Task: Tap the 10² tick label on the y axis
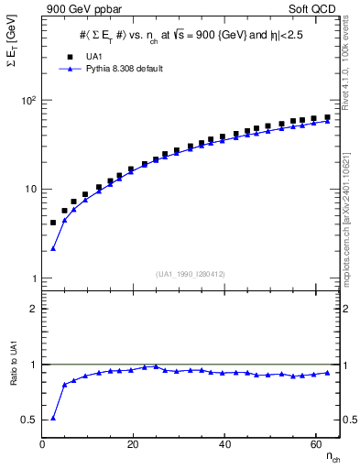click(28, 100)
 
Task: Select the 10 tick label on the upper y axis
click(30, 190)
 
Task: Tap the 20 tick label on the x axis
click(134, 443)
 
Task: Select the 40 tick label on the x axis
click(224, 443)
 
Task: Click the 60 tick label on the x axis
click(315, 443)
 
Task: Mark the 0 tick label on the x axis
click(43, 443)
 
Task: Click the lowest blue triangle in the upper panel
click(53, 248)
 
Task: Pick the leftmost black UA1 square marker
click(53, 223)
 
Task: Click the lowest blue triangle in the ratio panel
click(53, 418)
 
